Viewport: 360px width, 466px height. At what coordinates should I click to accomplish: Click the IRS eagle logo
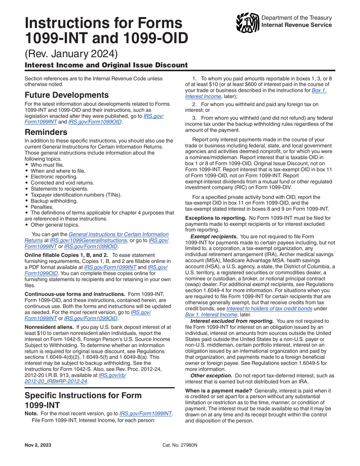[247, 23]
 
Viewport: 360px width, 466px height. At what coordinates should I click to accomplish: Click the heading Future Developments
[67, 95]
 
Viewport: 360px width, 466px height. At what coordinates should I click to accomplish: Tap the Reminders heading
[46, 132]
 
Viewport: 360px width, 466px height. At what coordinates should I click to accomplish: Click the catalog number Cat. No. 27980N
[180, 445]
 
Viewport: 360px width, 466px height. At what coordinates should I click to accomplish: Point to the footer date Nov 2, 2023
[38, 445]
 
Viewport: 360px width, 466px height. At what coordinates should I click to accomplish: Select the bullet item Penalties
[42, 207]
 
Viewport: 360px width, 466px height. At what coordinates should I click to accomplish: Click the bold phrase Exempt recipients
[214, 236]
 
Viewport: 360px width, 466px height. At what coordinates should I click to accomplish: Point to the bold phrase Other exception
[211, 375]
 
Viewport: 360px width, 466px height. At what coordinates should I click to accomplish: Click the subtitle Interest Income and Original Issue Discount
[106, 65]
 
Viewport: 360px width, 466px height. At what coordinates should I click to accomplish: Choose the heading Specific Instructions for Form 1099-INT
[83, 400]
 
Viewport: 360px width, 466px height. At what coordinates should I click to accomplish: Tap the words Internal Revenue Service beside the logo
[297, 25]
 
